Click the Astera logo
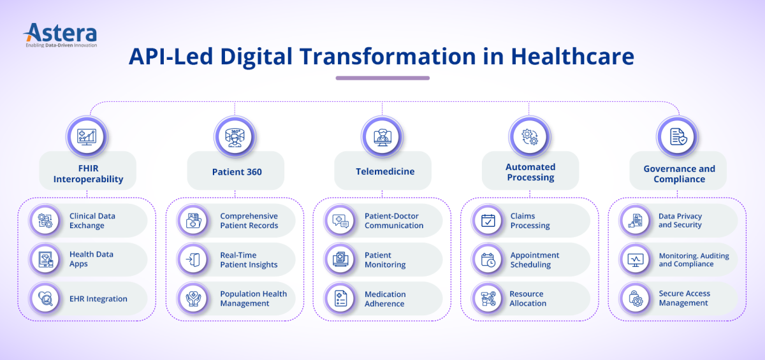click(61, 35)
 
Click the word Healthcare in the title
click(572, 56)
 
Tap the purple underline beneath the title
click(382, 78)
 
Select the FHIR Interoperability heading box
click(88, 171)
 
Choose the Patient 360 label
click(237, 171)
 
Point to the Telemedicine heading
click(385, 171)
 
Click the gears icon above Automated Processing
click(530, 137)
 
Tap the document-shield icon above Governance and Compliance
click(678, 137)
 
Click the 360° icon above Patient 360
click(235, 138)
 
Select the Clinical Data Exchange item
click(88, 220)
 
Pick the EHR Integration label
click(98, 299)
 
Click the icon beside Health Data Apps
click(45, 259)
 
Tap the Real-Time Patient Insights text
click(249, 260)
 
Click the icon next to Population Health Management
click(193, 299)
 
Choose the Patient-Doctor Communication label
click(394, 220)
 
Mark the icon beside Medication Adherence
click(340, 299)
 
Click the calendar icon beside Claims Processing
click(488, 220)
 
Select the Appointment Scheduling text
click(534, 260)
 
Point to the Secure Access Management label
click(684, 298)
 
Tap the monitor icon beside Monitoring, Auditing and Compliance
click(636, 260)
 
